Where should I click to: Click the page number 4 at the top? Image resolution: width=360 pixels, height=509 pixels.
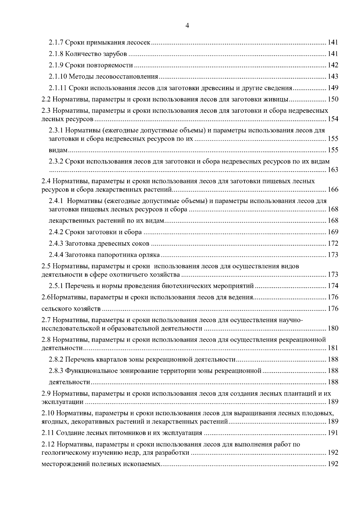click(x=187, y=26)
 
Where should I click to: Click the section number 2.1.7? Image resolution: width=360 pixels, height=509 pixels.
click(x=56, y=43)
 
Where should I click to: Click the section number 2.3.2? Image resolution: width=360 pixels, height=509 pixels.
click(x=56, y=162)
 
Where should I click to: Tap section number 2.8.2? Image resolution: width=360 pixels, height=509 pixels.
click(x=56, y=360)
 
